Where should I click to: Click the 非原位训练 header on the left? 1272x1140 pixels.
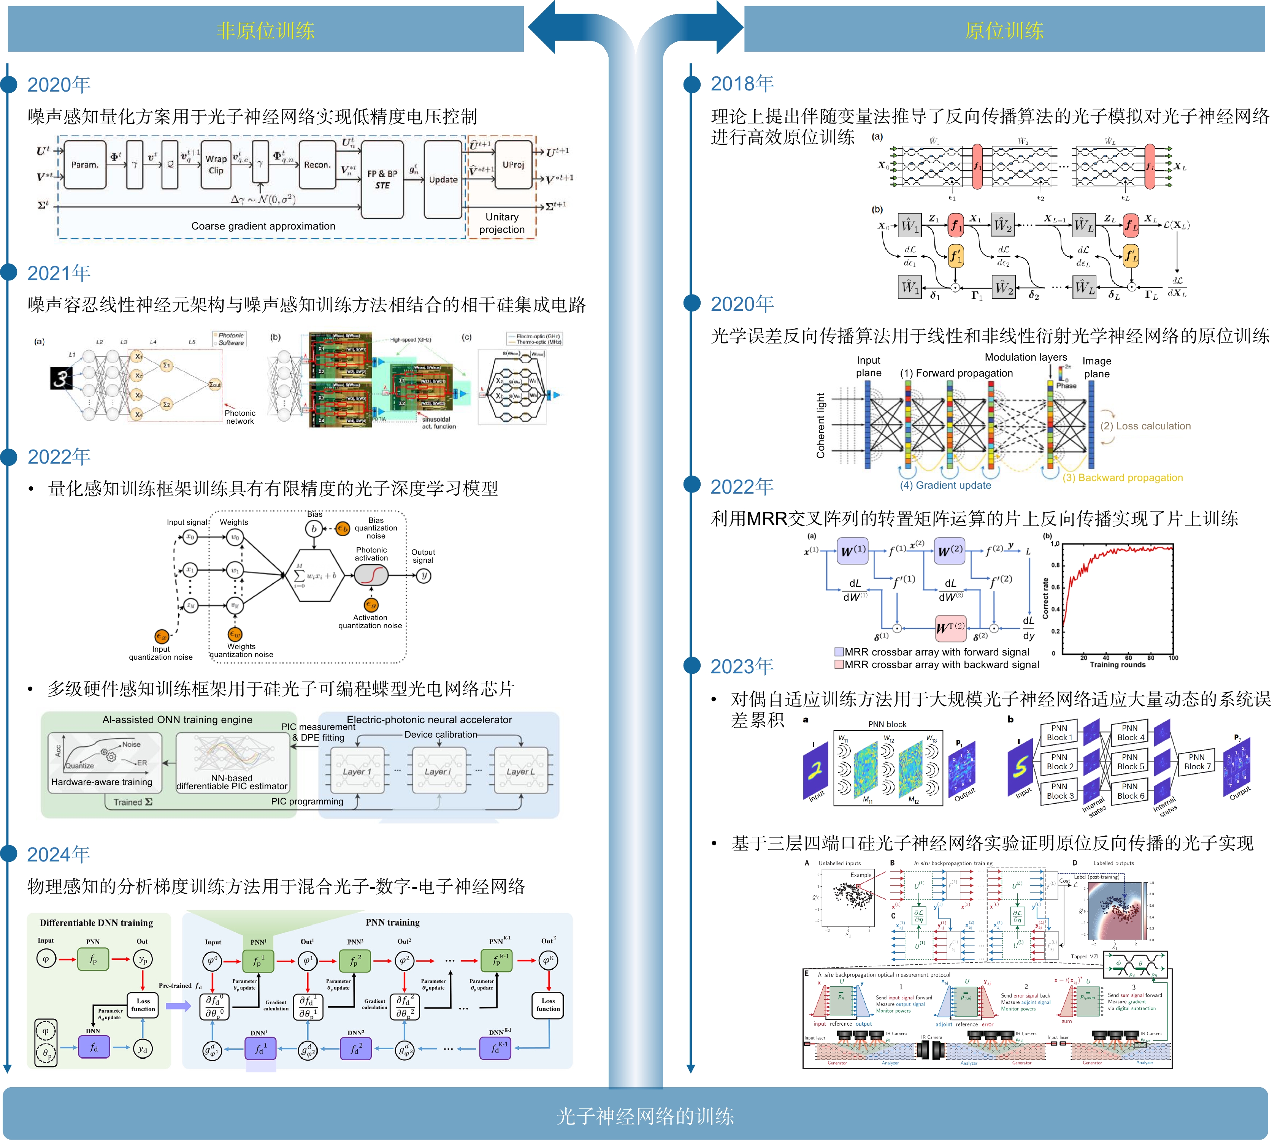(x=266, y=30)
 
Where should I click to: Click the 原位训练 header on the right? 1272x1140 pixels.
(x=1004, y=30)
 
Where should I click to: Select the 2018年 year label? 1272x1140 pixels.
(x=742, y=83)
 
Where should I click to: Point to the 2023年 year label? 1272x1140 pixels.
(x=742, y=666)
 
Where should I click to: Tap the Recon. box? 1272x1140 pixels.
(x=317, y=165)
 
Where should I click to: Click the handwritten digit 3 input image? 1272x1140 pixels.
(x=61, y=378)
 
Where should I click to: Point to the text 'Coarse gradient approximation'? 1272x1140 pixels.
(x=263, y=226)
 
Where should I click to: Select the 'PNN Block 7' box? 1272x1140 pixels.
(x=1196, y=761)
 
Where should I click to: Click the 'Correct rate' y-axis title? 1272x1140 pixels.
(x=1045, y=598)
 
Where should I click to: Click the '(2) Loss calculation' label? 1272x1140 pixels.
(x=1145, y=426)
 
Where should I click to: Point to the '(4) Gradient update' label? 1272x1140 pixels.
(x=945, y=485)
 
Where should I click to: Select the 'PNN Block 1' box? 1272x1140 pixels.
(x=1059, y=732)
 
